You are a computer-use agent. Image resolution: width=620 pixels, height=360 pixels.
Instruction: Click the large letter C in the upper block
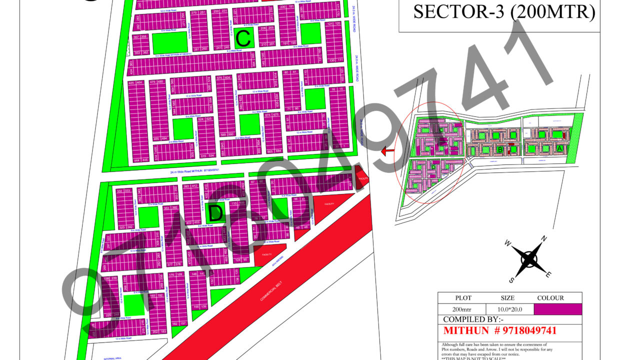pyautogui.click(x=243, y=38)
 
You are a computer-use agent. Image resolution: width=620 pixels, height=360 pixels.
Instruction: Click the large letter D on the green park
pyautogui.click(x=215, y=213)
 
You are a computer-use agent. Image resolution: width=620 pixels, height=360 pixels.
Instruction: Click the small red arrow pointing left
pyautogui.click(x=387, y=151)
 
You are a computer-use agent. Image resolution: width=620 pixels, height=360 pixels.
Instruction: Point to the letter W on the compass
pyautogui.click(x=507, y=243)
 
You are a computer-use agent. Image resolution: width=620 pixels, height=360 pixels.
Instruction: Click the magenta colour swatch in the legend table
pyautogui.click(x=557, y=309)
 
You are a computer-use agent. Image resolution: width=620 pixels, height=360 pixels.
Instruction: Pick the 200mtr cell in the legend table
pyautogui.click(x=461, y=309)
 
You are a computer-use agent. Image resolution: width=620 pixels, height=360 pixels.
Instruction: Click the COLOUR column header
pyautogui.click(x=550, y=298)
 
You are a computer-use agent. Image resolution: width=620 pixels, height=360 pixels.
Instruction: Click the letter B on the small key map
pyautogui.click(x=499, y=149)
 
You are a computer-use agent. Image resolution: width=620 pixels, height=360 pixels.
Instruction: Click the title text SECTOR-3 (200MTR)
pyautogui.click(x=503, y=12)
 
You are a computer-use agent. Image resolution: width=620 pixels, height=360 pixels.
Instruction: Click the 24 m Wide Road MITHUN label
pyautogui.click(x=195, y=170)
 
